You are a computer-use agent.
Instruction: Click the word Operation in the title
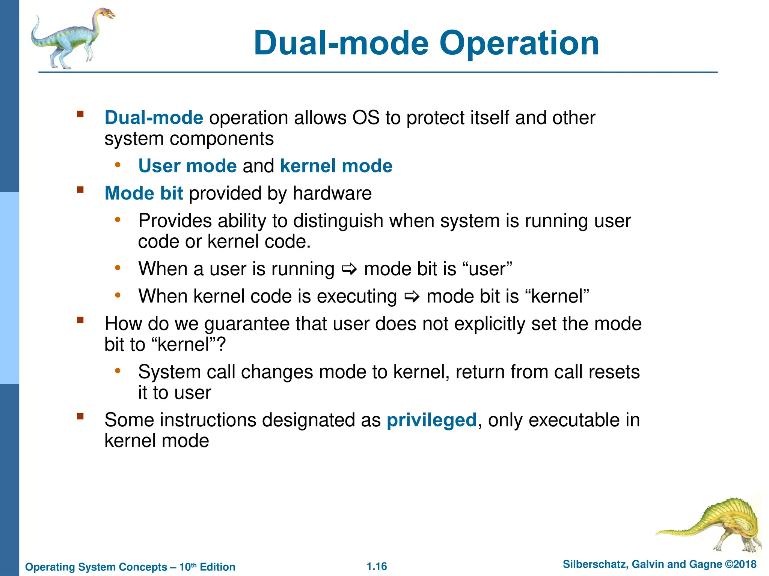point(519,43)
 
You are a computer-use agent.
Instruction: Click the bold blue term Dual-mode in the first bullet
point(154,118)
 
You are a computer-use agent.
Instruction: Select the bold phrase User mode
point(187,166)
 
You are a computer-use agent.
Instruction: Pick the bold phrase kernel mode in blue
point(336,166)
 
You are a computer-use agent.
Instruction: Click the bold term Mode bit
point(144,193)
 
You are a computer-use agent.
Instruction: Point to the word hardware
point(332,193)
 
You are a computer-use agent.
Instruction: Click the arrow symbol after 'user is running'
point(349,269)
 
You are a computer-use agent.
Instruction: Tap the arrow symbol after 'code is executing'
point(412,297)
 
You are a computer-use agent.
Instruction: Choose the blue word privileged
point(431,420)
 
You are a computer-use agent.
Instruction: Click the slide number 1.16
point(377,566)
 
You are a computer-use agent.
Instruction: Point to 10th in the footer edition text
point(188,567)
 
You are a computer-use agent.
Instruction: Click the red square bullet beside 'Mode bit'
point(80,190)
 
